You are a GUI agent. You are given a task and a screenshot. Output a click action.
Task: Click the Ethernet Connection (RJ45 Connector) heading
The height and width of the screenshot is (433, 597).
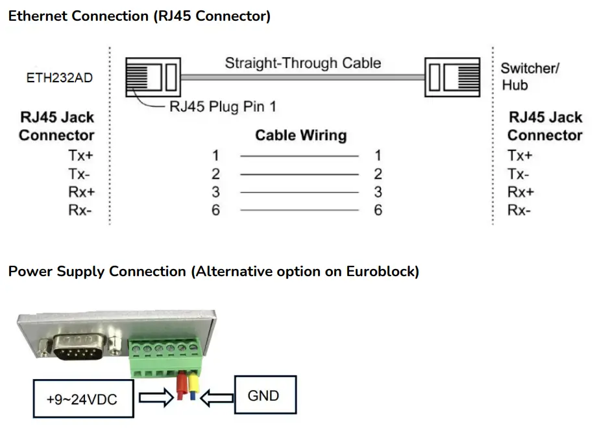[x=139, y=16]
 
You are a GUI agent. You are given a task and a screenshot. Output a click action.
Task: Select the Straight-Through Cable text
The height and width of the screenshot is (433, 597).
[x=302, y=64]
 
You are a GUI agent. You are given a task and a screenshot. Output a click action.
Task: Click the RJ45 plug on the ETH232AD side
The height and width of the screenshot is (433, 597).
[x=151, y=76]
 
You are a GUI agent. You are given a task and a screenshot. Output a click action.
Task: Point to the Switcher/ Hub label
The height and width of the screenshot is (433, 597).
[x=529, y=76]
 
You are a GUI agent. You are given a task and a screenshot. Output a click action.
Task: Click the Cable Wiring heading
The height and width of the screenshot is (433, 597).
[x=300, y=135]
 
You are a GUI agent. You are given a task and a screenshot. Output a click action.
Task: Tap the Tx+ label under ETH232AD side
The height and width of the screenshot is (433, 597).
[x=80, y=156]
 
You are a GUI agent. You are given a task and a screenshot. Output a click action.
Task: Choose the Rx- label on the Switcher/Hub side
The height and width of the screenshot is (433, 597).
[x=520, y=211]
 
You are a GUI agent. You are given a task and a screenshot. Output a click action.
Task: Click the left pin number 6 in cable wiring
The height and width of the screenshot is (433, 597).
[x=215, y=211]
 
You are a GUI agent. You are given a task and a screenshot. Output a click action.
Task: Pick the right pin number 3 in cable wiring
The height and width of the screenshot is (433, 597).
[x=378, y=193]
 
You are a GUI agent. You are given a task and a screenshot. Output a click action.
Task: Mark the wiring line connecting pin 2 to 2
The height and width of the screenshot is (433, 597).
[x=298, y=174]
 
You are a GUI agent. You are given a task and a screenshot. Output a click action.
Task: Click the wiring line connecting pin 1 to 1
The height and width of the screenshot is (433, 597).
[x=298, y=156]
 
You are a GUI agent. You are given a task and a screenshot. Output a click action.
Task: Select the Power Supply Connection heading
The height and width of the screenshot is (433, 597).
[x=213, y=272]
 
